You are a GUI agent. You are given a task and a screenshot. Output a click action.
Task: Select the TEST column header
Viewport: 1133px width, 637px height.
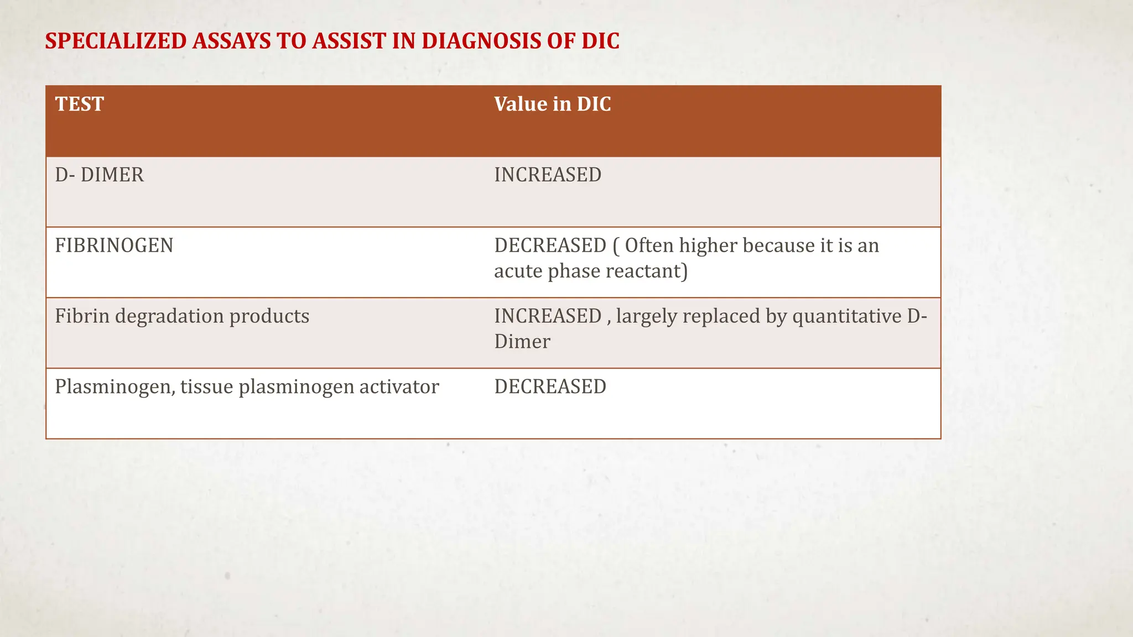[x=79, y=104]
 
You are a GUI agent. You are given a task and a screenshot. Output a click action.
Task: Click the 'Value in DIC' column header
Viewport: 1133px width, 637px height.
[x=552, y=104]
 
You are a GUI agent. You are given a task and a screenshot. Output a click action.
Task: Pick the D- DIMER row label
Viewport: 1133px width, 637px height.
[x=99, y=175]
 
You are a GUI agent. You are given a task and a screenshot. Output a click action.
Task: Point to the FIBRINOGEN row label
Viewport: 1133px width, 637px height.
[x=114, y=246]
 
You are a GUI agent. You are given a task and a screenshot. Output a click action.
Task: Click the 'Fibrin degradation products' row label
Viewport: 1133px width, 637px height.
[x=182, y=316]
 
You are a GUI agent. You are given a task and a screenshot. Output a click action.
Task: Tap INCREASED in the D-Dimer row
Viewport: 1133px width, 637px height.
[x=547, y=175]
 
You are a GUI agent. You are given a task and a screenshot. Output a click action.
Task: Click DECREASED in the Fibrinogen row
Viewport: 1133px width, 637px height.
[x=550, y=246]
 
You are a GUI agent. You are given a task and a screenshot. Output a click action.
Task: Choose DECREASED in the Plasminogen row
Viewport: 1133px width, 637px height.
[x=550, y=387]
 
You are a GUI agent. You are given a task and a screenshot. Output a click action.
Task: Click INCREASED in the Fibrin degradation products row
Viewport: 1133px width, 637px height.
[x=547, y=316]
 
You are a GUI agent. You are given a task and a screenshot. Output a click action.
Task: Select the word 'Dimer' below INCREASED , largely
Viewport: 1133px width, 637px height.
[x=522, y=342]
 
